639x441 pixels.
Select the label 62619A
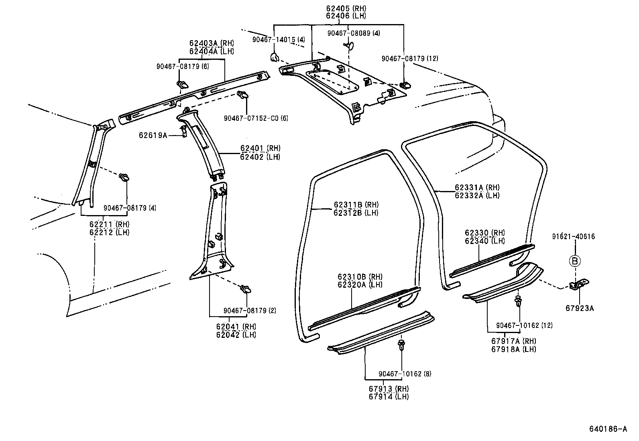click(x=153, y=135)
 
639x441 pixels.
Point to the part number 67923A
click(x=580, y=308)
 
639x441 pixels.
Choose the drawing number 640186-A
click(x=608, y=429)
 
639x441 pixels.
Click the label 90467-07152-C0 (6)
click(x=256, y=118)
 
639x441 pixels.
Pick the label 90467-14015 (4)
click(x=279, y=39)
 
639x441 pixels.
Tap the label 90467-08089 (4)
click(x=353, y=33)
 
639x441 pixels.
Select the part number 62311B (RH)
click(x=356, y=205)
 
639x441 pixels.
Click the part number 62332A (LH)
click(x=477, y=195)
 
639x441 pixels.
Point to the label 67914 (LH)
click(x=389, y=396)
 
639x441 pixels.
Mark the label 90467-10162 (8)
click(x=405, y=374)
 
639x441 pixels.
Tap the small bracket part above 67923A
click(x=580, y=284)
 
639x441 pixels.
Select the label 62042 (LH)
click(x=236, y=335)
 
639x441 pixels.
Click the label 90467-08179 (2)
click(x=250, y=311)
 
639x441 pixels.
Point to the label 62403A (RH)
click(x=212, y=43)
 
